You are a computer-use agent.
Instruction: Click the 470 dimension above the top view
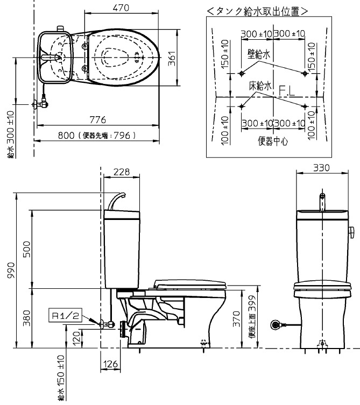click(121, 8)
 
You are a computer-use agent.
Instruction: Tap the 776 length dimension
click(97, 119)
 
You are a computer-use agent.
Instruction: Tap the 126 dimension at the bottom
click(110, 364)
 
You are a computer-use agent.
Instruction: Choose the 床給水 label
click(259, 86)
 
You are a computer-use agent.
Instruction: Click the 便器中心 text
click(273, 141)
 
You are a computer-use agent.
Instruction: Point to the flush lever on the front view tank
click(352, 232)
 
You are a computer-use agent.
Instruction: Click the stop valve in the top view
click(41, 102)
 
